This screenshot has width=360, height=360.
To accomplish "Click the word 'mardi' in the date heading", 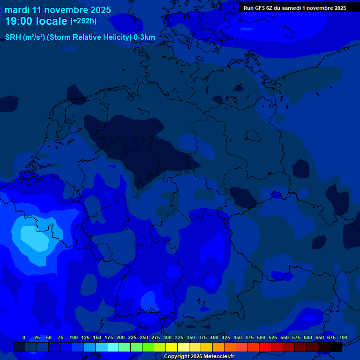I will [x=17, y=10].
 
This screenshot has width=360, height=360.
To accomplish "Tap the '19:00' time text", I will [x=19, y=21].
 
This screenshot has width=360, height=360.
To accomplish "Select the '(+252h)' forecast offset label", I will [x=83, y=21].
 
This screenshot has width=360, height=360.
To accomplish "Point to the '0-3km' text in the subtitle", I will [x=144, y=37].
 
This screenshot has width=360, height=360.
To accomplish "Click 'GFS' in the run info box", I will [x=260, y=8].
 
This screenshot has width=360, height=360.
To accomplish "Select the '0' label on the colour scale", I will [x=24, y=337].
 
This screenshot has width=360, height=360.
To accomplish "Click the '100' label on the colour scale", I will [x=74, y=337].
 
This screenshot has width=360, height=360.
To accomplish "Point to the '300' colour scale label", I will [x=167, y=337].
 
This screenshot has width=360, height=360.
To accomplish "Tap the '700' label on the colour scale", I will [x=343, y=337].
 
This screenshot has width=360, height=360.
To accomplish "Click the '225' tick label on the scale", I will [x=132, y=337].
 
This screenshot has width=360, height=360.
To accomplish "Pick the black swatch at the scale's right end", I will [x=336, y=347].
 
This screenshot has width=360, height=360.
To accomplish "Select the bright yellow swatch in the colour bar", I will [x=172, y=347].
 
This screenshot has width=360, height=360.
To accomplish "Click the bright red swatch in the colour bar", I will [x=265, y=347].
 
